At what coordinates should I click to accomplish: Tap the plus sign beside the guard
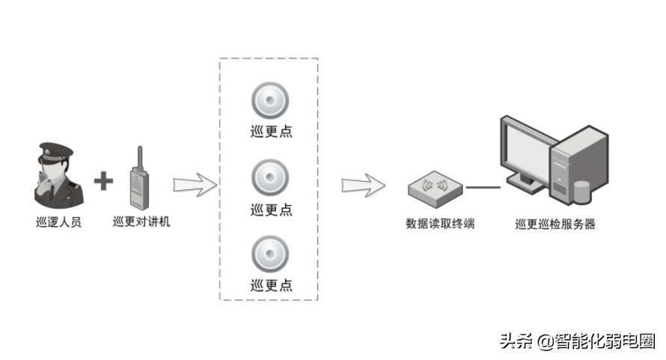[x=104, y=180]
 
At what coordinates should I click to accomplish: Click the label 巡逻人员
[x=58, y=222]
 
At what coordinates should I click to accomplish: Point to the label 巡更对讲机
[x=141, y=222]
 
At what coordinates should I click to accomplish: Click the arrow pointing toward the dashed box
[x=192, y=185]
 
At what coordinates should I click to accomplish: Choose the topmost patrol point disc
[x=269, y=100]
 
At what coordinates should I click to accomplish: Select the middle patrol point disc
[x=269, y=177]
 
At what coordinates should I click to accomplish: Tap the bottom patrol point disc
[x=269, y=254]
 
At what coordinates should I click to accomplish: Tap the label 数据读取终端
[x=440, y=223]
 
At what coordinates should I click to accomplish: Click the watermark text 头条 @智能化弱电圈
[x=577, y=341]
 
